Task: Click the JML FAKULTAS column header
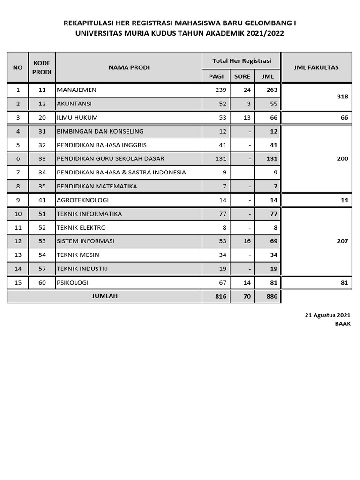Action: click(316, 67)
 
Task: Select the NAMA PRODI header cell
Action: click(129, 67)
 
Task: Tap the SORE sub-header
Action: click(242, 76)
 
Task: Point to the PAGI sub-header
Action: click(216, 76)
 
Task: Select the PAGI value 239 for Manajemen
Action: click(221, 90)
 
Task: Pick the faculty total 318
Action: click(343, 97)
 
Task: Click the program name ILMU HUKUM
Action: click(77, 117)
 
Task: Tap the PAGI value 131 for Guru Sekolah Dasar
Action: click(221, 158)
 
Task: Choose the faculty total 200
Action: click(343, 158)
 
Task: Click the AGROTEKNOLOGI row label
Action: click(83, 200)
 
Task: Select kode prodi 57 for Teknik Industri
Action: click(42, 269)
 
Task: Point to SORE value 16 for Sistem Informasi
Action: click(247, 241)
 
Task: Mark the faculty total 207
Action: click(343, 241)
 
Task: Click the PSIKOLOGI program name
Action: click(73, 283)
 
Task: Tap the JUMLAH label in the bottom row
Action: click(105, 296)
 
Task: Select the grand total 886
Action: click(272, 297)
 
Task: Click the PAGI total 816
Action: click(221, 297)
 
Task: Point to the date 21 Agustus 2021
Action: click(327, 315)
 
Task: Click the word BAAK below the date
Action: click(343, 323)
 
